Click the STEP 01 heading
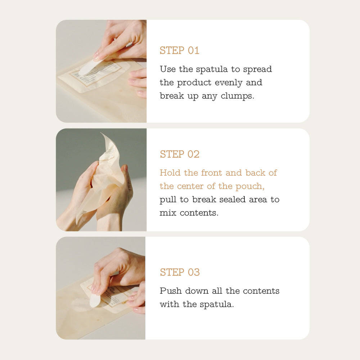[179, 50]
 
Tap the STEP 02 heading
[180, 154]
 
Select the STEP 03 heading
[180, 272]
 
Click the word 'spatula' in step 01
[212, 69]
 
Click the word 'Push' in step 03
[171, 291]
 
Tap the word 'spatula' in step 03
[216, 305]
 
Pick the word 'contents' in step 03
[261, 291]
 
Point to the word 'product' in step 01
[194, 83]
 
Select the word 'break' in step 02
[204, 199]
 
